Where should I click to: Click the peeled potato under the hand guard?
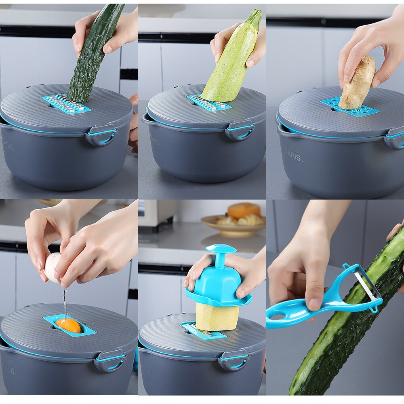pos(217,318)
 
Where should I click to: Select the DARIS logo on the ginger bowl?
pos(293,155)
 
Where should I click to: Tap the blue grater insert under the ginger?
pos(351,107)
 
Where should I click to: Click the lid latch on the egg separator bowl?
pos(109,360)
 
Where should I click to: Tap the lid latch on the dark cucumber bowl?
pos(101,135)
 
